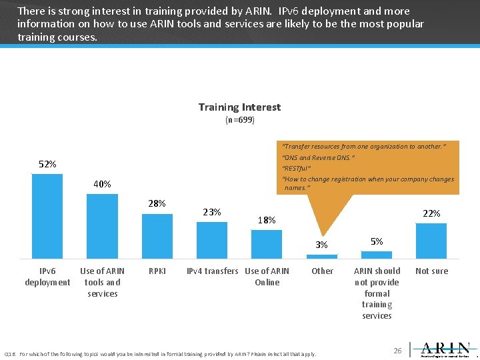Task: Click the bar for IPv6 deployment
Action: click(x=47, y=216)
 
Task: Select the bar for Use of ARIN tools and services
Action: click(x=102, y=226)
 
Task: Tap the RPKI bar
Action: click(x=157, y=236)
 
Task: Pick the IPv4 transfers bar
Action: click(x=211, y=240)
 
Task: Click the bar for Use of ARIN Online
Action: click(x=267, y=244)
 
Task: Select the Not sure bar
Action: click(x=431, y=241)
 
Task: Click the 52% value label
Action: click(x=47, y=164)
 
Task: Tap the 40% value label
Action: click(x=102, y=184)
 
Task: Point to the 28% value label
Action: click(x=157, y=203)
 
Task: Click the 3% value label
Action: click(x=322, y=245)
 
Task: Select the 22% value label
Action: click(x=431, y=213)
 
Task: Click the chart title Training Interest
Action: click(x=239, y=107)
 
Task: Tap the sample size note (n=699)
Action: click(x=239, y=120)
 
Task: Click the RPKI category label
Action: click(x=157, y=271)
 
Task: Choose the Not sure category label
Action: click(x=431, y=271)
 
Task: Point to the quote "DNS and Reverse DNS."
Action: click(x=318, y=158)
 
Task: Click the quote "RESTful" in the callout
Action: click(x=297, y=168)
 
